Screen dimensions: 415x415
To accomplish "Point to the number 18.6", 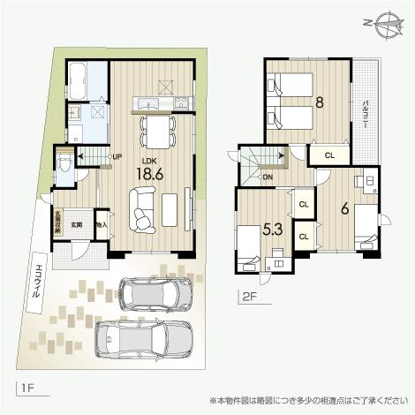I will pos(149,174).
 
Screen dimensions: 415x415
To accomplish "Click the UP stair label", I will pos(117,157).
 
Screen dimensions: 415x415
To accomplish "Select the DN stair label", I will pos(268,177).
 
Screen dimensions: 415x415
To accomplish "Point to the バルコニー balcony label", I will pos(365,114).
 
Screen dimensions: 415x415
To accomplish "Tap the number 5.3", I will pos(273,230).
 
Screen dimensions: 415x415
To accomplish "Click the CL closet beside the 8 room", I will pos(328,155).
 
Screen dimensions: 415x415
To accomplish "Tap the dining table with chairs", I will pos(157,132).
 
